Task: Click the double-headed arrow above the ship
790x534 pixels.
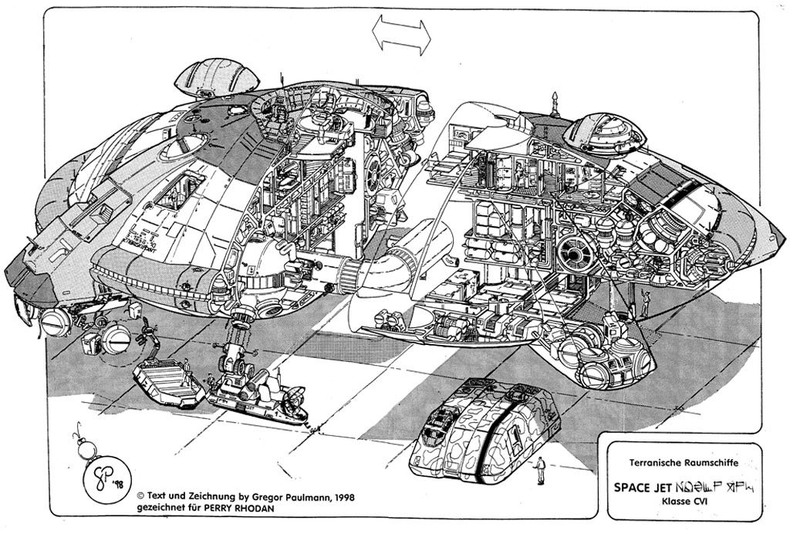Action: coord(401,35)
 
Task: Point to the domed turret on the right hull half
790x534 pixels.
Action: coord(604,133)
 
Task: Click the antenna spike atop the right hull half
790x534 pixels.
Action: coord(555,103)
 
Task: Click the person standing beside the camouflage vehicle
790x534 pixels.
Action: coord(540,470)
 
